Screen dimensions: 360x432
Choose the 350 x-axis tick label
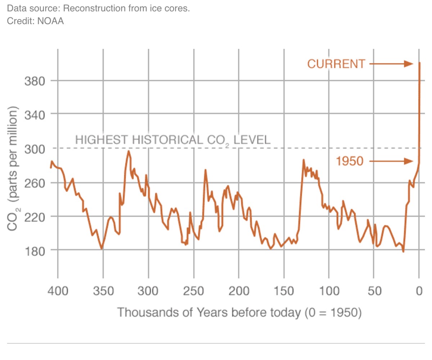pyautogui.click(x=103, y=291)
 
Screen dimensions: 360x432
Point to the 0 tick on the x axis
pyautogui.click(x=419, y=291)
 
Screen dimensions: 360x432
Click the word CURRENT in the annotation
pyautogui.click(x=336, y=64)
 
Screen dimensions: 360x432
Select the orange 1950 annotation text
pyautogui.click(x=350, y=161)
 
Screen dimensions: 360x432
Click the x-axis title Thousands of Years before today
pyautogui.click(x=239, y=312)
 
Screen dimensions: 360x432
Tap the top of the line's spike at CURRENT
pyautogui.click(x=420, y=63)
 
